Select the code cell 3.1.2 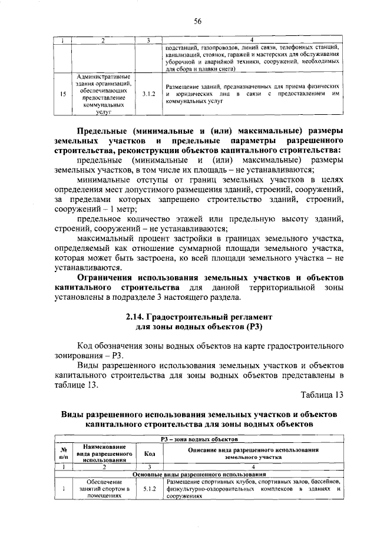(x=148, y=94)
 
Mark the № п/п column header (x=63, y=453)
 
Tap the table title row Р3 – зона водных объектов (x=199, y=439)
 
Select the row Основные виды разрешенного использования (x=199, y=474)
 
